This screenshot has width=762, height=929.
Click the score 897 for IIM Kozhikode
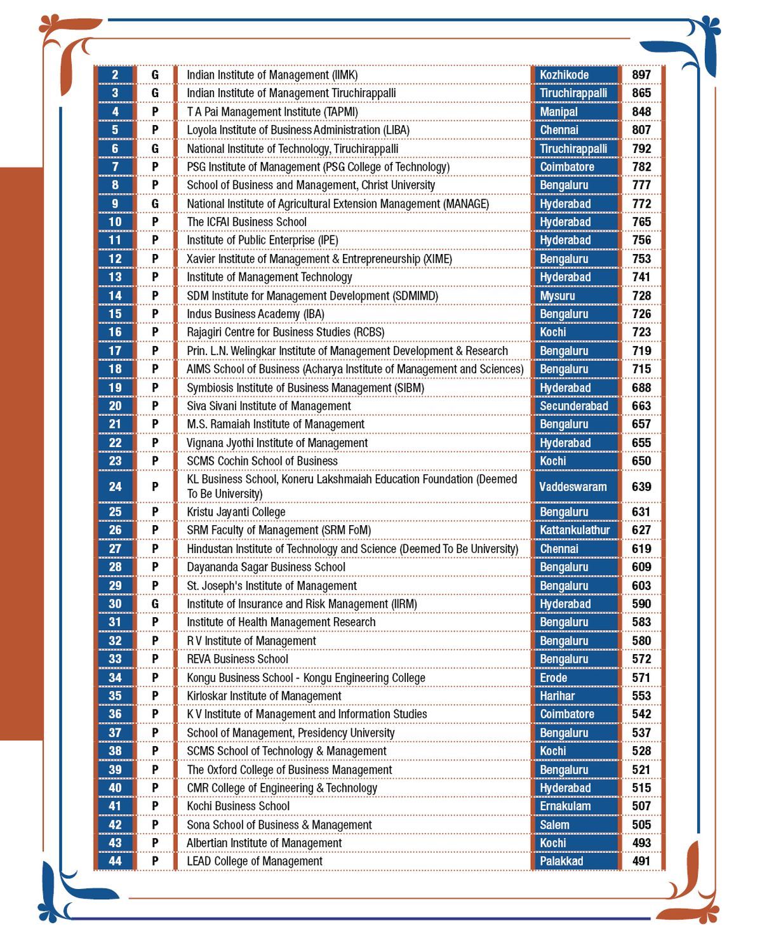641,75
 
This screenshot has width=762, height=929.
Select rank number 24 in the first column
115,486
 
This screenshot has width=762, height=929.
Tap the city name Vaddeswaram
573,487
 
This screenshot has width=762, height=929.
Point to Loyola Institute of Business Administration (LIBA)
298,130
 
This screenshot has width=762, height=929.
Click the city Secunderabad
574,406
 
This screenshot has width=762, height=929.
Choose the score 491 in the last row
641,861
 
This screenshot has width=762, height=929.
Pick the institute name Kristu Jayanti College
236,512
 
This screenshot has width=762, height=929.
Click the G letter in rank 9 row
155,204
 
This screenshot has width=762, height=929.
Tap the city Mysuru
558,296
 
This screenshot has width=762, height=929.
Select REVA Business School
237,659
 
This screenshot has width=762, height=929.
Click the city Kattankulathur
575,530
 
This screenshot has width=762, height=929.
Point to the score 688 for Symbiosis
641,387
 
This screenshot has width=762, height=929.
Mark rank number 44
115,861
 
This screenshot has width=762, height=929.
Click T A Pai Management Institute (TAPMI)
272,112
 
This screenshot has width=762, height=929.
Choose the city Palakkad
561,861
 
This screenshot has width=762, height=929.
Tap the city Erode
554,678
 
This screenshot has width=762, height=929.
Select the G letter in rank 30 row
155,604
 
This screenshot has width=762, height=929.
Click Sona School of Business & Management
279,825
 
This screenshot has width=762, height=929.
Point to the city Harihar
557,696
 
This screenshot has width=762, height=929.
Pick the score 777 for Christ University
641,185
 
